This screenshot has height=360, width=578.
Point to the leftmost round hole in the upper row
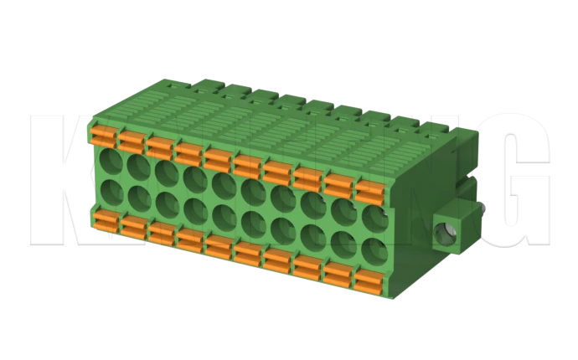coord(111,160)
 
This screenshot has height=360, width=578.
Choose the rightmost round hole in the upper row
coord(374,216)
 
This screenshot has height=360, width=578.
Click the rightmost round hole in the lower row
coord(374,249)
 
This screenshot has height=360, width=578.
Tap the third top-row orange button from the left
coord(159,145)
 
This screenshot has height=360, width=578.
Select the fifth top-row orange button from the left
coord(218,157)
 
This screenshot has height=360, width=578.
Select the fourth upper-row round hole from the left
coord(195,177)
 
